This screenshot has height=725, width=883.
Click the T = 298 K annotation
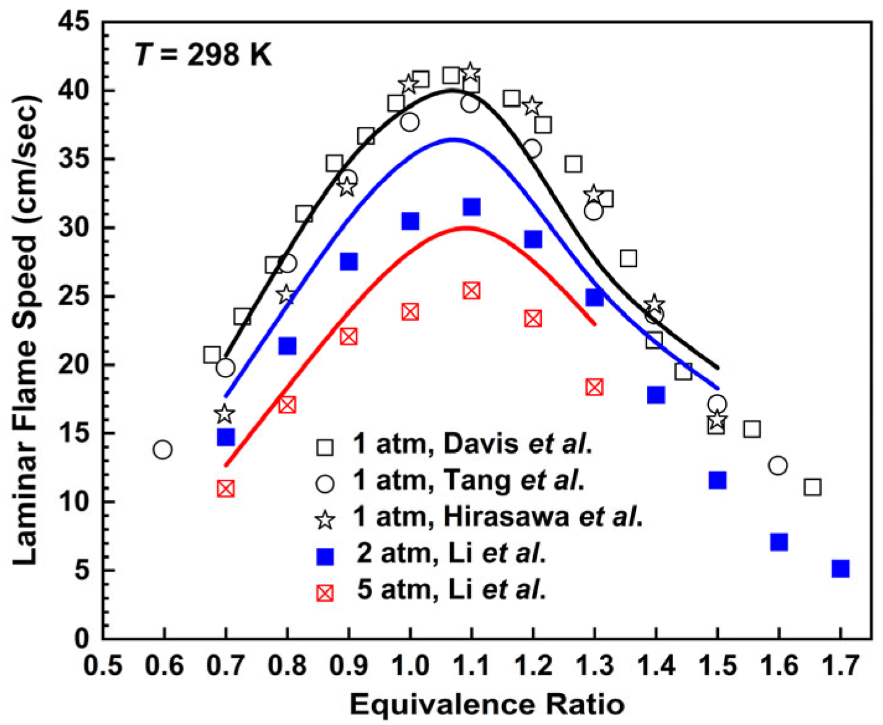(x=203, y=55)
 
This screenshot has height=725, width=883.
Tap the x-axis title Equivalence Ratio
(x=487, y=705)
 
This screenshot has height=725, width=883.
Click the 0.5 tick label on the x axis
(x=103, y=666)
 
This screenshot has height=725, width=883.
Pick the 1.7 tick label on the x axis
(x=840, y=666)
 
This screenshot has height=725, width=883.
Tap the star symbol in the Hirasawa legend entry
(x=325, y=519)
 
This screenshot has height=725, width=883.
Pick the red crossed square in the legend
(x=325, y=593)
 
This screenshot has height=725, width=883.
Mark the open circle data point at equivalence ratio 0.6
(x=163, y=449)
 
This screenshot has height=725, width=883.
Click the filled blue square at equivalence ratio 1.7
(x=840, y=568)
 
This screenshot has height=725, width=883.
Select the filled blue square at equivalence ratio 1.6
(x=779, y=542)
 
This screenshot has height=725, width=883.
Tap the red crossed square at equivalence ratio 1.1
(x=471, y=290)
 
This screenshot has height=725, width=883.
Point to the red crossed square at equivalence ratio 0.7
(x=226, y=488)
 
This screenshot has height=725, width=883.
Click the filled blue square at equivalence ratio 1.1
(x=471, y=206)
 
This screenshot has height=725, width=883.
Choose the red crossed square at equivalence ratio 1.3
(x=594, y=387)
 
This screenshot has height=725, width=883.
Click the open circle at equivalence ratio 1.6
(x=778, y=465)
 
